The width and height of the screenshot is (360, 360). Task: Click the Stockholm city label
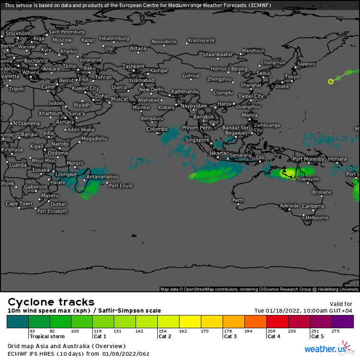[x=18, y=34]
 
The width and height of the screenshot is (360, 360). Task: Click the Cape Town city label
[x=19, y=204]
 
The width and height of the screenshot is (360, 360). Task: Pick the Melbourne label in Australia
[x=316, y=217]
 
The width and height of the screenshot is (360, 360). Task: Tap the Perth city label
[x=238, y=200]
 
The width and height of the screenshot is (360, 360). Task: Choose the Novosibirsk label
[x=164, y=42]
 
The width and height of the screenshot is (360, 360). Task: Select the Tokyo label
[x=292, y=77]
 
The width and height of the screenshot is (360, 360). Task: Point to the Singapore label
[x=197, y=140]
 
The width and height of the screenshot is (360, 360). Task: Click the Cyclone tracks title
[x=51, y=302]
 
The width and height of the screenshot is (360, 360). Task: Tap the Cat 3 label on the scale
[x=230, y=336]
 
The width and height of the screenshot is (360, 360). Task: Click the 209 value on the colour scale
[x=271, y=331]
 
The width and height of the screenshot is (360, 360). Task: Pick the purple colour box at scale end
[x=342, y=322]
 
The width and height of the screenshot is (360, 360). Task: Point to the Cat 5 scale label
[x=318, y=336]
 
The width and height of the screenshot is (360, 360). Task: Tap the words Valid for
[x=341, y=304]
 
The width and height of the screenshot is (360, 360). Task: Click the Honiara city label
[x=337, y=159]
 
